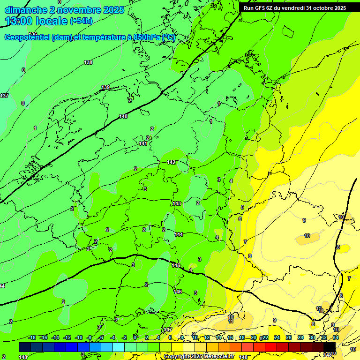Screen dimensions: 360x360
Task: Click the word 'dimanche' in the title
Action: point(26,10)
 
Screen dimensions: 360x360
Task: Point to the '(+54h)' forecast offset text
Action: point(81,21)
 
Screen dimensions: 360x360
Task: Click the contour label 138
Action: point(88,62)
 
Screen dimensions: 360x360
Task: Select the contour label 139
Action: point(106,87)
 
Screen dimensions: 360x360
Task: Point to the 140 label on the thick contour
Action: point(123,116)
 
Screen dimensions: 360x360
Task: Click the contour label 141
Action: point(143,143)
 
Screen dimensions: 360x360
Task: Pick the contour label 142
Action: point(171,162)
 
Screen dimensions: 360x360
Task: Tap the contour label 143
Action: point(177,203)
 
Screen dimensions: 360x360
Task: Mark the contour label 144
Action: point(179,234)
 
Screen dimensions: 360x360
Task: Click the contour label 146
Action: point(178,292)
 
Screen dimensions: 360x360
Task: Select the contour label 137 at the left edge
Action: point(4,96)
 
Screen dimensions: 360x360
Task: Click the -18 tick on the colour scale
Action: point(32,337)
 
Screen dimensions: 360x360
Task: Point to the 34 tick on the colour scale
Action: point(336,337)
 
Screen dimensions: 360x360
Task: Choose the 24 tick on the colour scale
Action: point(277,337)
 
